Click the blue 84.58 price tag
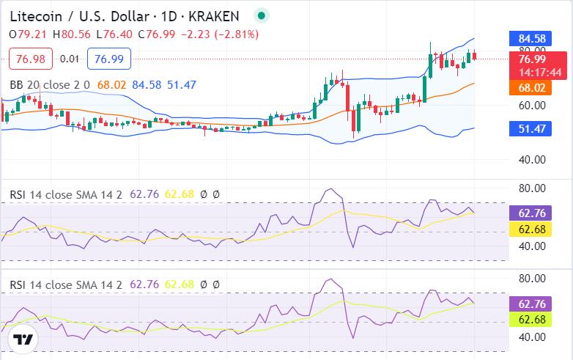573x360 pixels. point(531,38)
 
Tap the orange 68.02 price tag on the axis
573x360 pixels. point(531,87)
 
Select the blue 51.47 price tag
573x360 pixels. point(531,128)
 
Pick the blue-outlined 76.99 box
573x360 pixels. point(108,59)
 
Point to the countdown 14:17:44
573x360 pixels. point(540,72)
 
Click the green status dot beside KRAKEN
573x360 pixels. point(261,15)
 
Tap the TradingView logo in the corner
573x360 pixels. point(23,340)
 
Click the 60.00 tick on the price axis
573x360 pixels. point(531,105)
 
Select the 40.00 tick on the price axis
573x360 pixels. point(531,160)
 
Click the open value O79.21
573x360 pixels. point(29,34)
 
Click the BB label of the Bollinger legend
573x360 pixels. point(16,85)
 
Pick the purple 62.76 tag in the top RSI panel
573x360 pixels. point(531,214)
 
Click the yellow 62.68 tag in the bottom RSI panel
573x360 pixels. point(531,319)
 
